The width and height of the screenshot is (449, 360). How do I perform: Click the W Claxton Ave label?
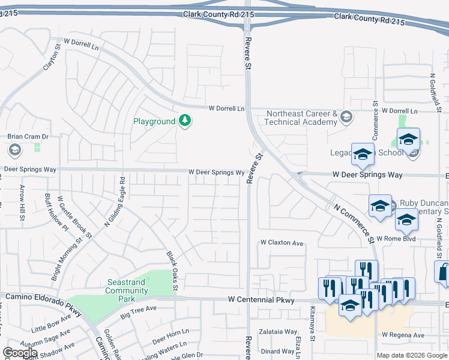pyautogui.click(x=282, y=243)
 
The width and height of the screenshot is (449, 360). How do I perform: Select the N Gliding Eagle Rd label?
pyautogui.click(x=115, y=201)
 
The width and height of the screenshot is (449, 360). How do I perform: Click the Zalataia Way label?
pyautogui.click(x=278, y=331)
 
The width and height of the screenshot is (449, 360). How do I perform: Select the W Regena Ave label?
pyautogui.click(x=403, y=335)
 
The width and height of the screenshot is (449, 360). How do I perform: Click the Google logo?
pyautogui.click(x=20, y=353)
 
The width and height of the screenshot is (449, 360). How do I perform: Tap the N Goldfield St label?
pyautogui.click(x=433, y=93)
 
